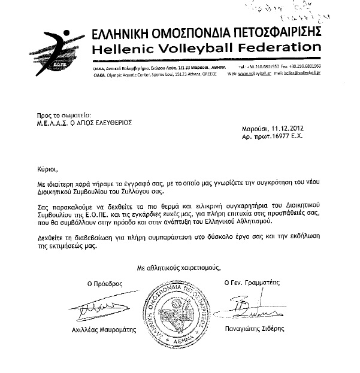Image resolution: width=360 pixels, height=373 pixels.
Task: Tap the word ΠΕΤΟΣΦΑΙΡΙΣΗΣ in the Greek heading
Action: coord(272,30)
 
